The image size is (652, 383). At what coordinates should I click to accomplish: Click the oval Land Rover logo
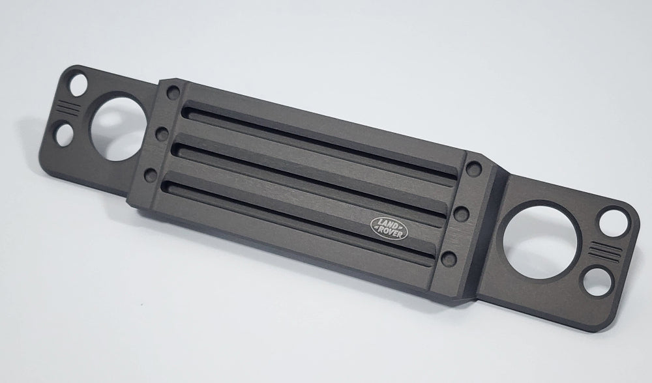[389, 229]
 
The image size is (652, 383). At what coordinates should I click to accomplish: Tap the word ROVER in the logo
[391, 233]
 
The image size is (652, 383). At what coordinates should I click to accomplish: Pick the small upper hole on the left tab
[79, 84]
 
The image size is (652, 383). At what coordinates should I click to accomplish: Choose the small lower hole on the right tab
[599, 282]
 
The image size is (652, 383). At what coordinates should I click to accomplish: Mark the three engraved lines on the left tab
[69, 108]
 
